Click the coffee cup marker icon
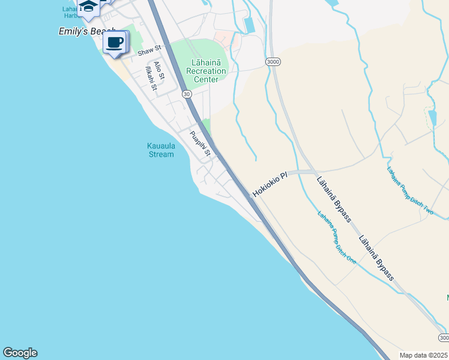[x=116, y=43]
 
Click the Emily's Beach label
[x=85, y=31]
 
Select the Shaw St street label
[x=149, y=51]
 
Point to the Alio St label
[x=159, y=71]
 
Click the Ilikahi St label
[x=150, y=79]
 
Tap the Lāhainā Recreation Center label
[x=206, y=71]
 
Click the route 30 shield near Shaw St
[x=187, y=94]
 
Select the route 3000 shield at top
[x=273, y=62]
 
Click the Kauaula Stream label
[x=160, y=149]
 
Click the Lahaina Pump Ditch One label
[x=337, y=238]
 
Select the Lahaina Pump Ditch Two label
[x=409, y=190]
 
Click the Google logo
[x=20, y=353]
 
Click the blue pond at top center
[x=250, y=25]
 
